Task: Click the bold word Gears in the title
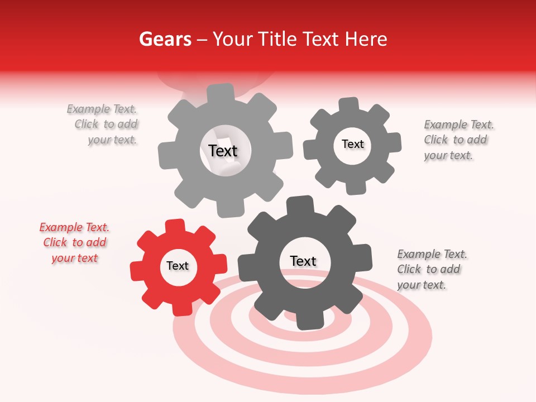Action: [x=165, y=39]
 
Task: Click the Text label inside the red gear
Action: [x=178, y=266]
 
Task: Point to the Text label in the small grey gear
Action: [x=352, y=144]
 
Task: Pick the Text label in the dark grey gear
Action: [x=303, y=261]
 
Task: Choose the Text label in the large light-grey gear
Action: [x=223, y=151]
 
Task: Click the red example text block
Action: [x=74, y=242]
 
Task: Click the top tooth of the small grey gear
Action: [x=348, y=105]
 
